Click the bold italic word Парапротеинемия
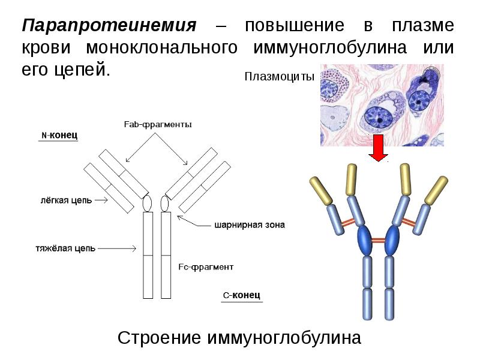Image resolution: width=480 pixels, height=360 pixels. coord(109,25)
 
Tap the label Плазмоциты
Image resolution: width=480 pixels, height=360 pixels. coord(280,77)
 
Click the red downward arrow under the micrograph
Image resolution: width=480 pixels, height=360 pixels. coord(379,148)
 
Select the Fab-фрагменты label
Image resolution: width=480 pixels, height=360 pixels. coord(158,125)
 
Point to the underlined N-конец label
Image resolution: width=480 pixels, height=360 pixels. coord(59,135)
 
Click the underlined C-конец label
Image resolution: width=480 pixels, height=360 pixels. coord(242,295)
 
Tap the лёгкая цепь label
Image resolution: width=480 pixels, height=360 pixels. coord(66,200)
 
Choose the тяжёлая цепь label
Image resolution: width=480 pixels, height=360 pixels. coord(65,248)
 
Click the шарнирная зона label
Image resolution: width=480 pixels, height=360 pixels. coord(250,225)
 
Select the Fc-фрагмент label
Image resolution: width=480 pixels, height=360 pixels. coord(206,267)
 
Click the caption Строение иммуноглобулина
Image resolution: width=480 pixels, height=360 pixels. coord(239,338)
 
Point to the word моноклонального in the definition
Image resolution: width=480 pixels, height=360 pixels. coord(161,48)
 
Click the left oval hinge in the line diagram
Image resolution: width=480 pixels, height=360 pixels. coord(148,203)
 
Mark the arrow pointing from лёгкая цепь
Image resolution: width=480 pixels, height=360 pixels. coord(101,200)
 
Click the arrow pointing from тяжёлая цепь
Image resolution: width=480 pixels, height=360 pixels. coord(117,248)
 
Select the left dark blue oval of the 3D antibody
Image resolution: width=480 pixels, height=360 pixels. coord(365,240)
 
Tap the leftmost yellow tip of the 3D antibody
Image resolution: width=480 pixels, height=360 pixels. coord(321,190)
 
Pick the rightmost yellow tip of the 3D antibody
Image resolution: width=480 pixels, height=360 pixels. coord(436,190)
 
